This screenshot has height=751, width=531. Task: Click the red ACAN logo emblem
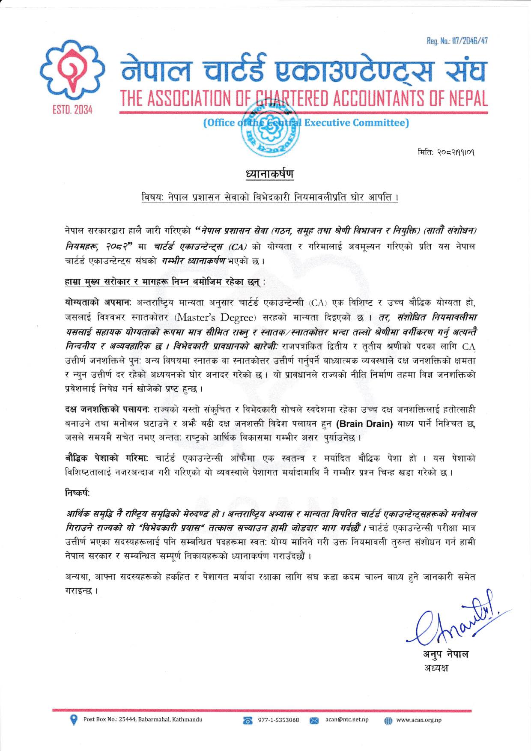tap(72, 70)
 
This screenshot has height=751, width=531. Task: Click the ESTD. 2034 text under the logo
tap(72, 110)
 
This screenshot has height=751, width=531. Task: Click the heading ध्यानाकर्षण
tap(270, 174)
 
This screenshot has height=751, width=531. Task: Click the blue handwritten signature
tap(454, 625)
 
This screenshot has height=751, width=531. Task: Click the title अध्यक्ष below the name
tap(436, 668)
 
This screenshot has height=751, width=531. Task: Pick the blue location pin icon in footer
tap(74, 720)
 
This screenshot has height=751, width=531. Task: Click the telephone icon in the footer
tap(247, 721)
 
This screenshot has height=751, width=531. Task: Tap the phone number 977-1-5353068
tap(278, 720)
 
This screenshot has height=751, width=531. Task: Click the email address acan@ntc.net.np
tap(347, 720)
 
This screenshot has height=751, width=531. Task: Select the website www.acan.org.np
tap(419, 720)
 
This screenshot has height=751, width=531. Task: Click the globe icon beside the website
tap(388, 721)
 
